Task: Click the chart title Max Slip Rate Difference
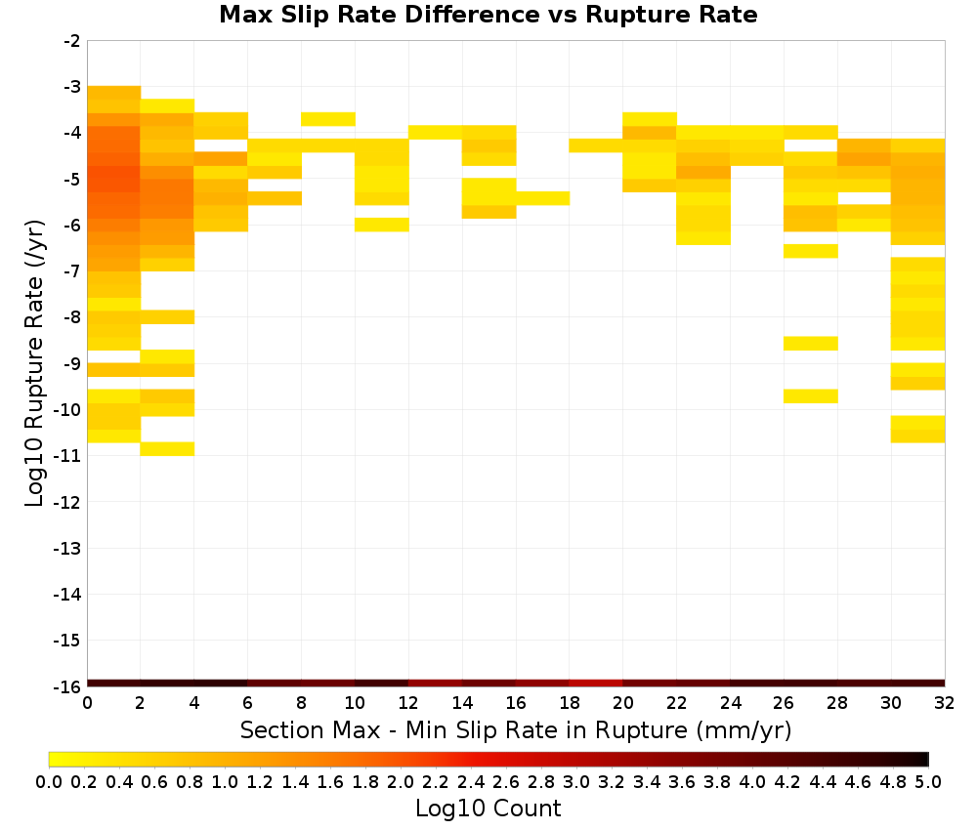coord(379,15)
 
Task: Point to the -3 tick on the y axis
coord(73,87)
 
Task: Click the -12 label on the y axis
coord(68,502)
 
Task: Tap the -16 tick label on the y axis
coord(68,686)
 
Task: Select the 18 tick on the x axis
coord(570,703)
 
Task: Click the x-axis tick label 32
coord(945,703)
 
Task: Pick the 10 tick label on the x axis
coord(355,703)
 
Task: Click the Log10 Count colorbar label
coord(488,809)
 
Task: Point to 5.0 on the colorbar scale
coord(928,781)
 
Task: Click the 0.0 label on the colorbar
coord(49,781)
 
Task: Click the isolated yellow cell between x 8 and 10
coord(328,119)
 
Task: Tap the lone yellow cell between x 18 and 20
coord(596,145)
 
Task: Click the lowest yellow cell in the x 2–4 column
coord(168,449)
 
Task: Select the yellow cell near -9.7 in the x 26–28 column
coord(811,396)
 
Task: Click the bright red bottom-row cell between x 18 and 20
coord(596,684)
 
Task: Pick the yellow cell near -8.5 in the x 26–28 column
coord(811,343)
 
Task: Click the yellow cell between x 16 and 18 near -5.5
coord(542,198)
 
